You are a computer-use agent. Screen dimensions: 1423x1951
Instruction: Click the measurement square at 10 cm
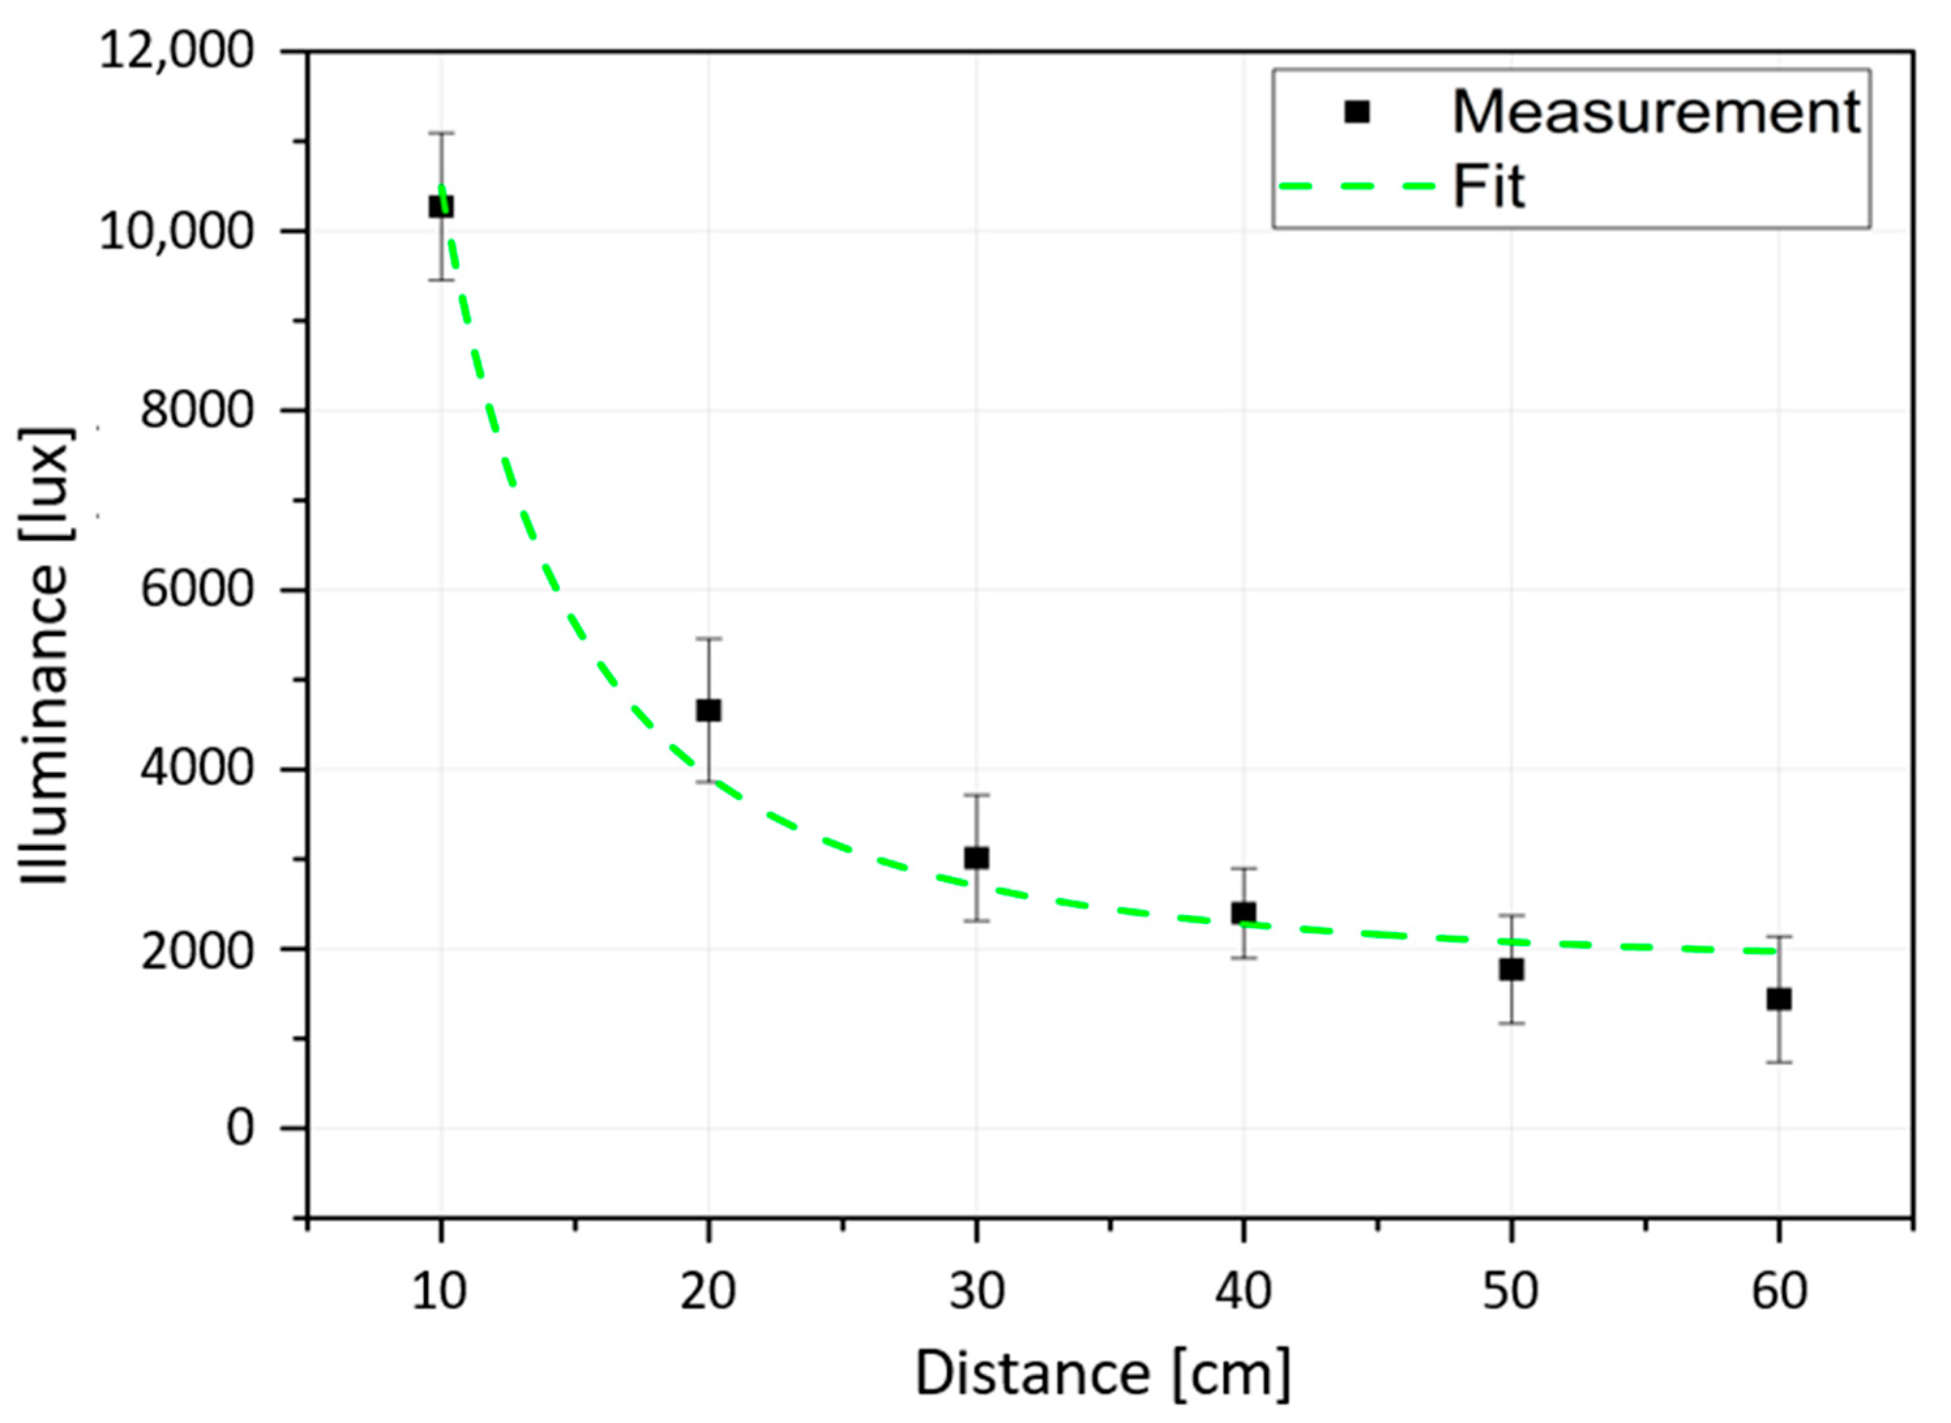(x=441, y=207)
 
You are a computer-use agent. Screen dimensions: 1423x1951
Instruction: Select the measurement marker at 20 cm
(x=708, y=711)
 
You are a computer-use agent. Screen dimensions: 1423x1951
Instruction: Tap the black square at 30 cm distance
(x=976, y=858)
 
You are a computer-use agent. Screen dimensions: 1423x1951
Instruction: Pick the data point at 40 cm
(x=1243, y=913)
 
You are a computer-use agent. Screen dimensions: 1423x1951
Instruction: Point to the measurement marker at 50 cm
(x=1511, y=969)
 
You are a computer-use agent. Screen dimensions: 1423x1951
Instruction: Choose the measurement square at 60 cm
(x=1779, y=999)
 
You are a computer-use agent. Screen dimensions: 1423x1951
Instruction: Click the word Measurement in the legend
(x=1656, y=112)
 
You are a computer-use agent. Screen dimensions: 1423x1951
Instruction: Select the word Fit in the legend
(x=1489, y=186)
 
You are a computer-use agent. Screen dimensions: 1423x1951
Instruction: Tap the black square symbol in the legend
(x=1357, y=112)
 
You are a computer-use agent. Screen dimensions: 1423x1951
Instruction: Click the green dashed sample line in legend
(x=1357, y=186)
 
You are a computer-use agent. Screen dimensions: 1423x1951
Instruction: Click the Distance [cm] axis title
(x=1102, y=1374)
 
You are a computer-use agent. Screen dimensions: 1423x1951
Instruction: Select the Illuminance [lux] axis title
(x=45, y=655)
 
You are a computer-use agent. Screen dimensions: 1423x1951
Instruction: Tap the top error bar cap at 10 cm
(x=441, y=134)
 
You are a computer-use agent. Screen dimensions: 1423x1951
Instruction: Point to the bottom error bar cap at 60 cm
(x=1779, y=1062)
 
